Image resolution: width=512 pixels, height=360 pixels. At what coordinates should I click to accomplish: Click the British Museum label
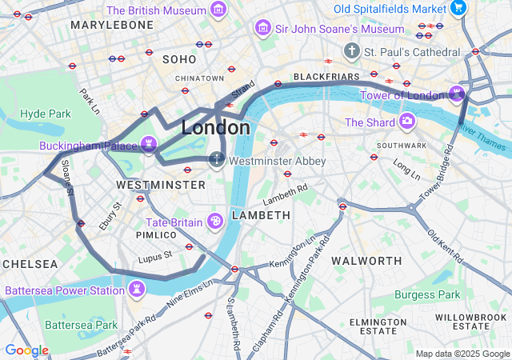pos(157,10)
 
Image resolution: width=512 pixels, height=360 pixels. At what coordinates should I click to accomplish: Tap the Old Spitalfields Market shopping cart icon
pos(458,8)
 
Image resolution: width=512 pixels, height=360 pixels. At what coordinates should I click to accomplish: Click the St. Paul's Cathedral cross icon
pos(351,51)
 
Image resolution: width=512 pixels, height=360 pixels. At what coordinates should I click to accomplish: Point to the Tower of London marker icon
pos(457,94)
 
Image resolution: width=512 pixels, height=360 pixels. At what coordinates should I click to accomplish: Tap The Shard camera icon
pos(407,122)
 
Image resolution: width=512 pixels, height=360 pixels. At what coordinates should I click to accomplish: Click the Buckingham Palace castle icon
pos(148,144)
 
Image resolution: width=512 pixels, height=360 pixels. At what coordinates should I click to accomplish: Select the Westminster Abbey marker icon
pos(217,160)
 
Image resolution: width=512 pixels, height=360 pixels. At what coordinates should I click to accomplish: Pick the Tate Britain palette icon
pos(214,221)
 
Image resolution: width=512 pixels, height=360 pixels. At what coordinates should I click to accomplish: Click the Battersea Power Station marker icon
pos(138,288)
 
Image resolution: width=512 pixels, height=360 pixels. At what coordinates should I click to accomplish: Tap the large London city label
pos(215,127)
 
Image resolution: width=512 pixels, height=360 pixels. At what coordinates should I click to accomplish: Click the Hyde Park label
pos(46,114)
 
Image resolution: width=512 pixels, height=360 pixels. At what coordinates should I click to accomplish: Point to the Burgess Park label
pos(427,294)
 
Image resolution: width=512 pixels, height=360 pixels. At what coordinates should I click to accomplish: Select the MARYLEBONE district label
pos(112,26)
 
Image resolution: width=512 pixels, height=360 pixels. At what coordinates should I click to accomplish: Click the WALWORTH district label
pos(366,261)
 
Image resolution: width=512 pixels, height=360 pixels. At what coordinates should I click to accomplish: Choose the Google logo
pos(26,350)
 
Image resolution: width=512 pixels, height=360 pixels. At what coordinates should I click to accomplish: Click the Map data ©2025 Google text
pos(462,354)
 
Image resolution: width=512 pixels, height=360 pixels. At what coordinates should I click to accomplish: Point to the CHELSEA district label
pos(30,264)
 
